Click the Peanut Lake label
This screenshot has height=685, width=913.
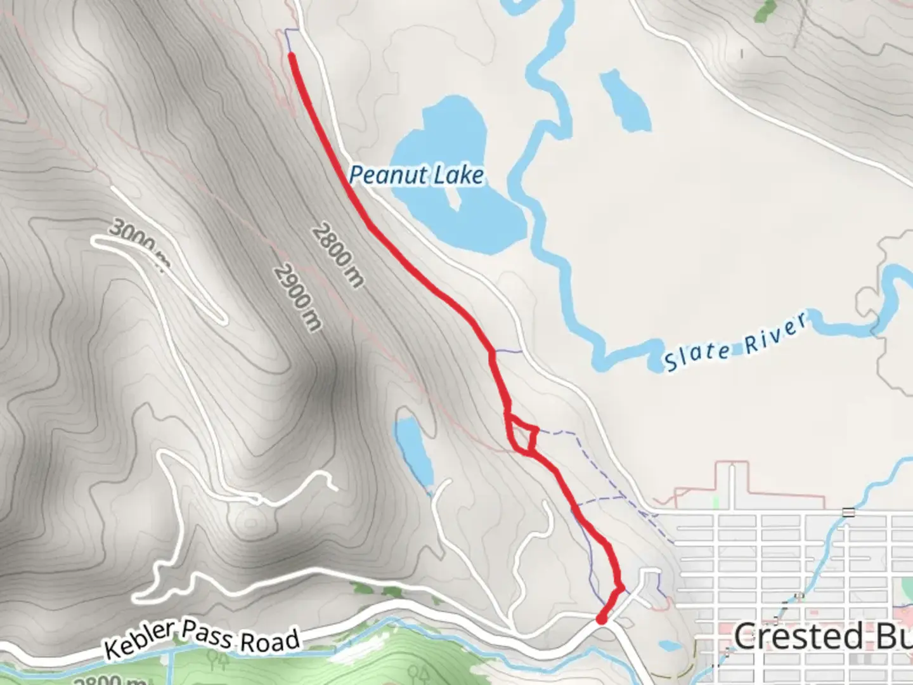[x=417, y=174]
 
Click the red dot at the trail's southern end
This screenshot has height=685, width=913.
[x=601, y=619]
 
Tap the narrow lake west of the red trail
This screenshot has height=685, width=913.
[x=414, y=450]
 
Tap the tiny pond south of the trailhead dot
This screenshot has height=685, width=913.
[x=668, y=646]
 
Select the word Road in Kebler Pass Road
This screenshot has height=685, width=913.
[x=270, y=641]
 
